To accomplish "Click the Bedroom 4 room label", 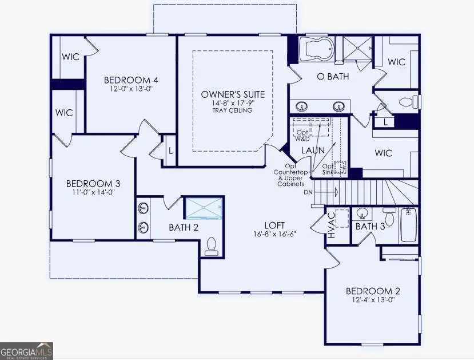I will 130,80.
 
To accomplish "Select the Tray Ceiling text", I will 233,110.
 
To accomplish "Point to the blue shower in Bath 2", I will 204,208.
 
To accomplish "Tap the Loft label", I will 274,226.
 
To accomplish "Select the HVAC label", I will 330,225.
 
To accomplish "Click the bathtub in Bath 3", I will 408,225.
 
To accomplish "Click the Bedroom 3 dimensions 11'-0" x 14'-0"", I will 93,193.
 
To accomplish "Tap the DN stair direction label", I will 308,192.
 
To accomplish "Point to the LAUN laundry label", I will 313,150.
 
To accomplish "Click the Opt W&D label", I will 302,135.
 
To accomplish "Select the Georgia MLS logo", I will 27,350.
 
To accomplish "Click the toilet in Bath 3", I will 389,217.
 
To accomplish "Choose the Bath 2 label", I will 184,228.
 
